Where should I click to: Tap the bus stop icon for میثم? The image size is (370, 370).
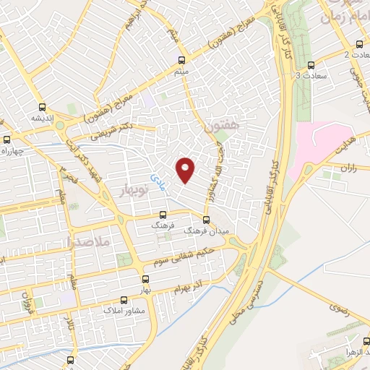click(181, 60)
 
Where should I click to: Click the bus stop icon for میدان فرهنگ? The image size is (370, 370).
click(206, 220)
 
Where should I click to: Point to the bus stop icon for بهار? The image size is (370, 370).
click(147, 278)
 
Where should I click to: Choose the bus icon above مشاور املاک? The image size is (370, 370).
click(123, 298)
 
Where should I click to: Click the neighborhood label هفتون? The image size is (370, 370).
click(221, 127)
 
